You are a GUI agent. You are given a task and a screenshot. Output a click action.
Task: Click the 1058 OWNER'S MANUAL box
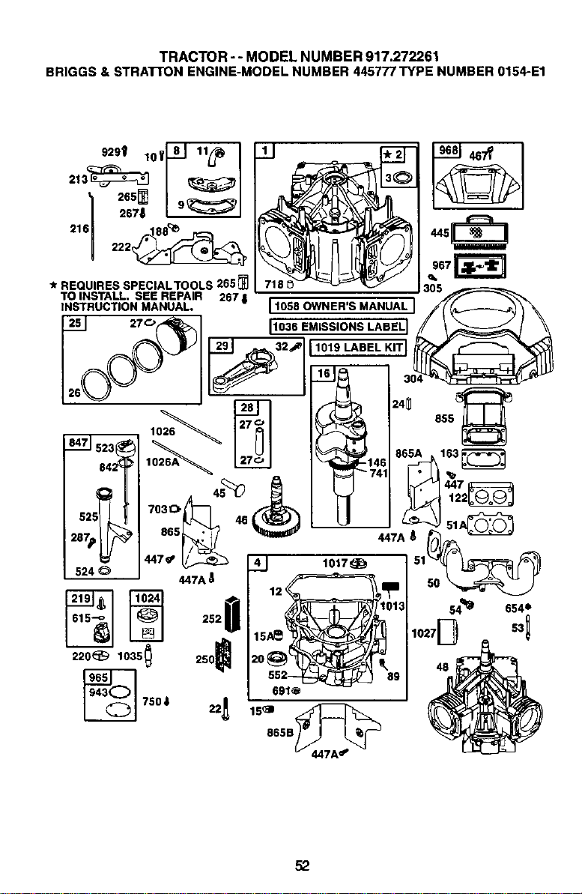point(340,306)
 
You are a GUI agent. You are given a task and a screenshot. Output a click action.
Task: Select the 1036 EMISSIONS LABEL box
point(339,326)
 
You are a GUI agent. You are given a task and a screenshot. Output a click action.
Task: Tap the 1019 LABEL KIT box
point(358,347)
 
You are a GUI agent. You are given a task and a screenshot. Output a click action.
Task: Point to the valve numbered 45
point(232,485)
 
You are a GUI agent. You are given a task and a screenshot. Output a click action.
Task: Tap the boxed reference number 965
point(98,677)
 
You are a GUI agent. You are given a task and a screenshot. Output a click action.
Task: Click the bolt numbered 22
point(227,708)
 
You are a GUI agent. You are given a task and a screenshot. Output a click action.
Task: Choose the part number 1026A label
point(163,462)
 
